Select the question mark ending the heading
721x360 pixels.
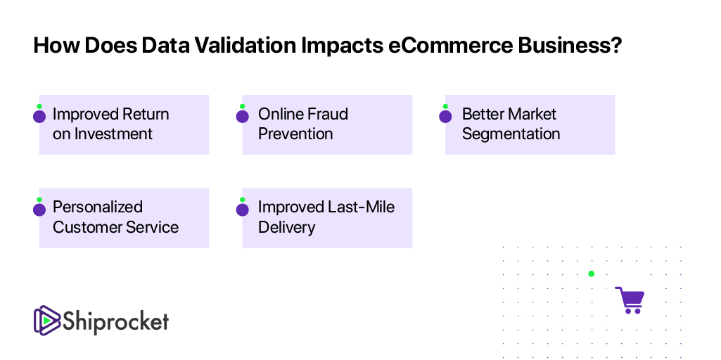tap(616, 46)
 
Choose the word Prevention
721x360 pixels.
tap(295, 134)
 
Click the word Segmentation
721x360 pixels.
tap(511, 134)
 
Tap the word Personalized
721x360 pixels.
tap(98, 207)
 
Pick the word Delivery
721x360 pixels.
tap(286, 227)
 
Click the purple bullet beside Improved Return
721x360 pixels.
tap(39, 116)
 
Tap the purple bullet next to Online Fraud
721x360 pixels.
tap(242, 116)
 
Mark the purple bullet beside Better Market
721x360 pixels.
tap(445, 116)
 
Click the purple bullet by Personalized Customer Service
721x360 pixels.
tap(39, 210)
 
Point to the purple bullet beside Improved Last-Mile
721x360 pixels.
tap(242, 210)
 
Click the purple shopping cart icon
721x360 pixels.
tap(630, 300)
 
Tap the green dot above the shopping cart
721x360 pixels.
tap(592, 274)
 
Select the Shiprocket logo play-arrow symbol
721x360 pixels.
tap(47, 320)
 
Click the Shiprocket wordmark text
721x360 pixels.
tap(115, 321)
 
